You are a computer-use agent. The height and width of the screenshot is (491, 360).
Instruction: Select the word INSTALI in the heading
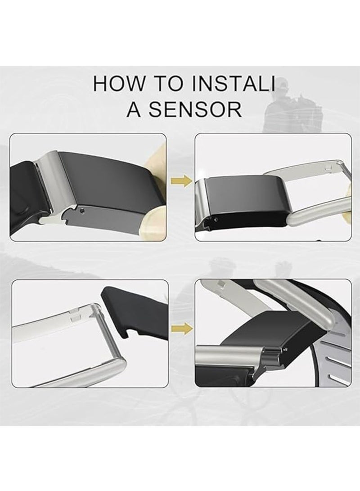tap(234, 83)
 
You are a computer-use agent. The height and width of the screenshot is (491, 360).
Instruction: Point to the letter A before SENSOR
tap(134, 109)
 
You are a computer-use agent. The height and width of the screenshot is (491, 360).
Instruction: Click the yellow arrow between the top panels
tap(181, 180)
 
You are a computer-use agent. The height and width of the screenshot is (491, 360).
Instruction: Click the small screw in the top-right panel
tap(216, 220)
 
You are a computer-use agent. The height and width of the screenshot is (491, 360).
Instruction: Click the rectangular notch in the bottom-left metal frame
tap(75, 319)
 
